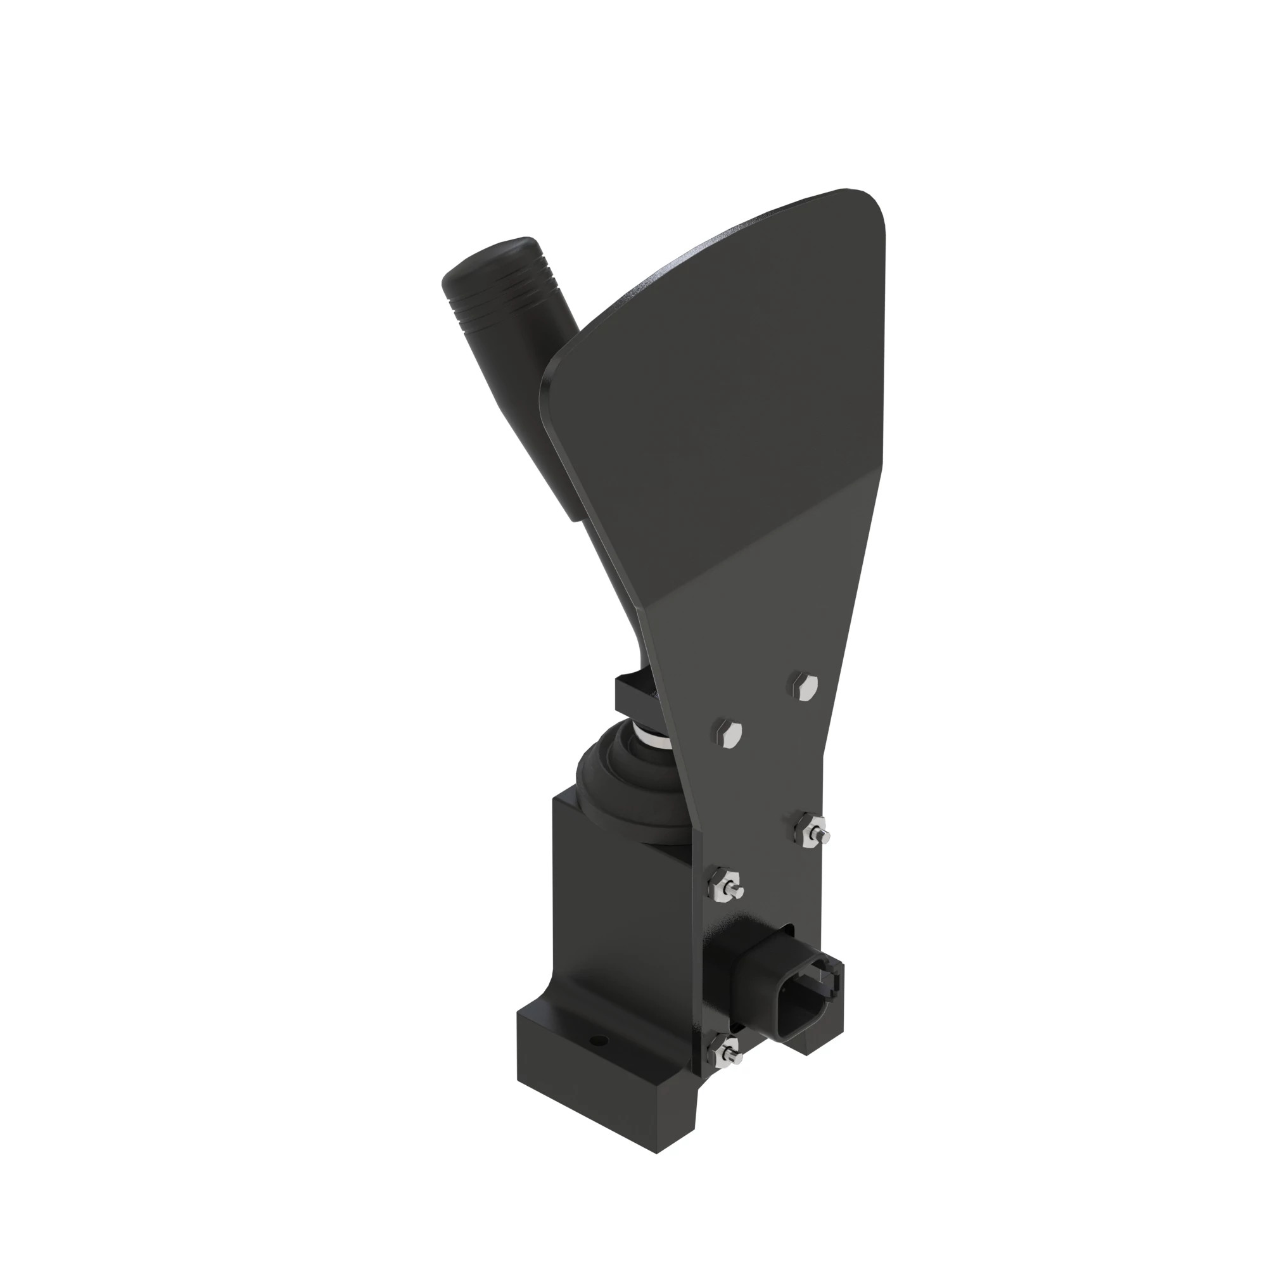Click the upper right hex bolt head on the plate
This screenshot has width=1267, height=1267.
pyautogui.click(x=803, y=685)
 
